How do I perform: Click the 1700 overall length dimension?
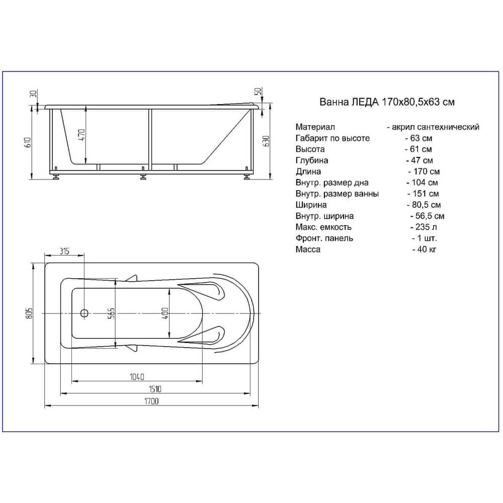tap(151, 401)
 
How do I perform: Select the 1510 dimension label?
tap(155, 389)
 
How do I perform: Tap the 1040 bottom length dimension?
tap(137, 377)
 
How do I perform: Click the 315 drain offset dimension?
tap(64, 251)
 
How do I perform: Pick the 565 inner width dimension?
tap(111, 313)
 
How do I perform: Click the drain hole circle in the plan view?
tap(84, 313)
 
